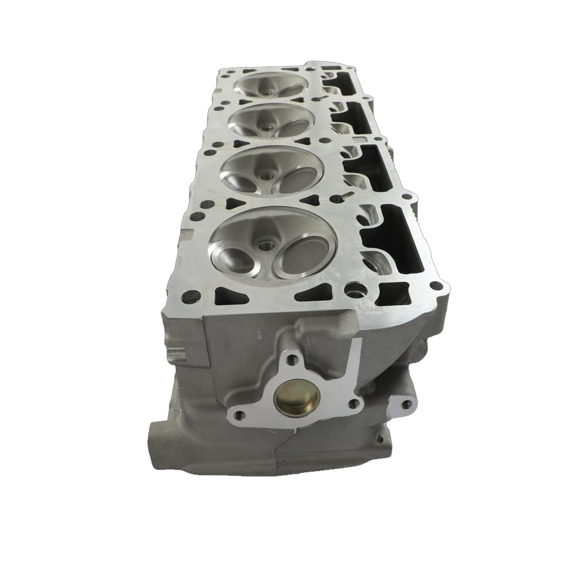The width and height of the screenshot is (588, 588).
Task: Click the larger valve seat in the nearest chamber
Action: point(300,258)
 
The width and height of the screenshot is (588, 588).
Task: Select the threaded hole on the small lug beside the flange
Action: point(405,403)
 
